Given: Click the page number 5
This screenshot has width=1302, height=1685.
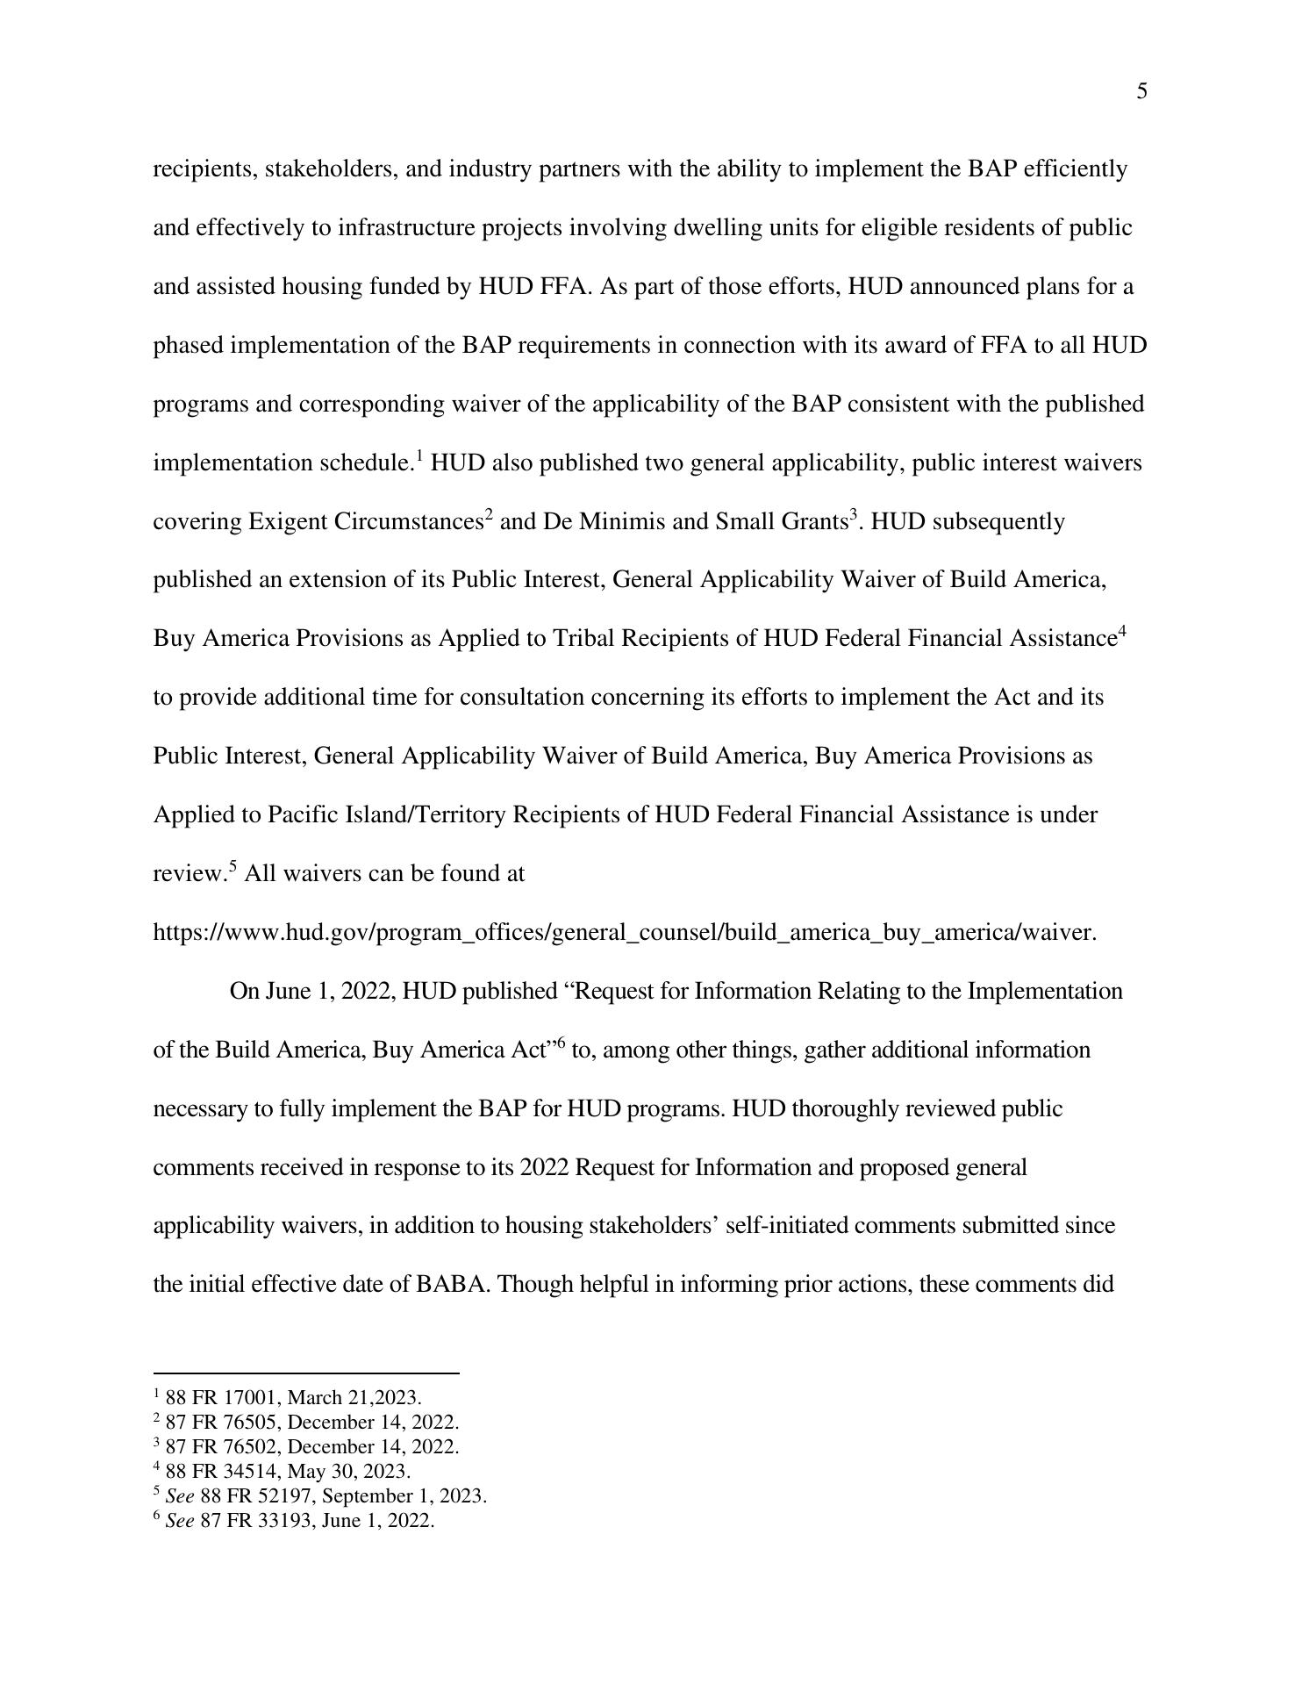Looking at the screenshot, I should click(x=1141, y=92).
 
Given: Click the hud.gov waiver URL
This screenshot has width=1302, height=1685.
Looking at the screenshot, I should click(x=625, y=932).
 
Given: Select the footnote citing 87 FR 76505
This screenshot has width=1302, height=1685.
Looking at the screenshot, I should click(x=306, y=1422).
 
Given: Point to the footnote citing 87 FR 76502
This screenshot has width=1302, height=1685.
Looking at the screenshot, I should click(x=306, y=1446).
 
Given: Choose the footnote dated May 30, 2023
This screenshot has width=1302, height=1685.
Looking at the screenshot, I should click(x=282, y=1471).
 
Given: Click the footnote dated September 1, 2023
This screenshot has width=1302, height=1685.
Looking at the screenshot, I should click(x=320, y=1495).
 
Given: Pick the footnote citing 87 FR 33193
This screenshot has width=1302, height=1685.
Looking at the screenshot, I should click(x=294, y=1520).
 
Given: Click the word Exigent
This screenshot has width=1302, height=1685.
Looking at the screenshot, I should click(x=288, y=522).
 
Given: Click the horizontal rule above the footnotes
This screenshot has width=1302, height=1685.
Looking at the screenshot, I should click(x=305, y=1373).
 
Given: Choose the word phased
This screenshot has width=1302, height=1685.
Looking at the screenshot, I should click(x=189, y=346).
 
